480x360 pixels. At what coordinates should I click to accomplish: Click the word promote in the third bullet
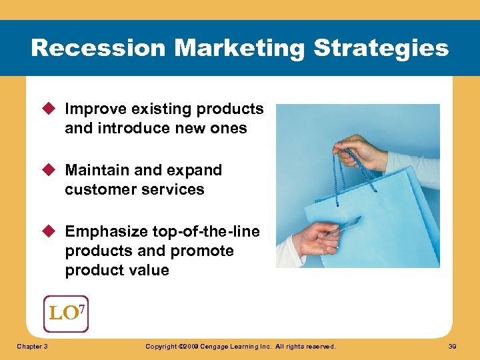pos(202,251)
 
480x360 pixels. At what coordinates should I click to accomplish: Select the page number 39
pos(453,347)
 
